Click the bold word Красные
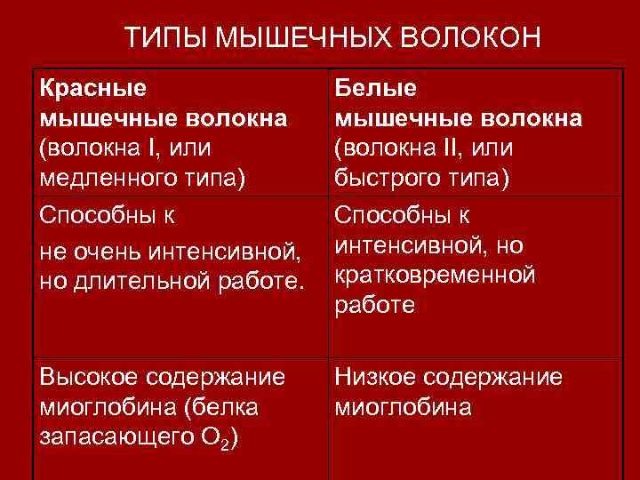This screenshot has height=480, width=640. (94, 88)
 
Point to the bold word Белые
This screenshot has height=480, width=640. (376, 88)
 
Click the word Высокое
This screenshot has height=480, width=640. (87, 378)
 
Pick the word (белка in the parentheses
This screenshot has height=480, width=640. (214, 408)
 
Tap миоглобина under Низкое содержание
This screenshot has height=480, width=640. (404, 408)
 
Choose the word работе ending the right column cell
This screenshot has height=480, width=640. (374, 305)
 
